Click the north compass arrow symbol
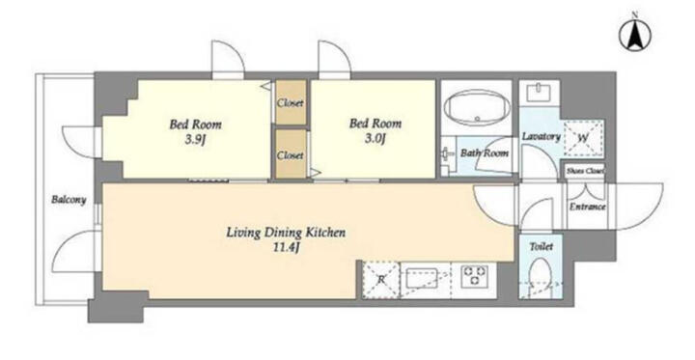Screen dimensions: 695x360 [x=635, y=36]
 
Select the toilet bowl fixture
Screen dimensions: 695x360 [x=541, y=276]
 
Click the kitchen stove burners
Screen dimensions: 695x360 [x=474, y=275]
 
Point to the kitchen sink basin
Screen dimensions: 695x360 [x=419, y=278]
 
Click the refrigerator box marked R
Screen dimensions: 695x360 [x=380, y=280]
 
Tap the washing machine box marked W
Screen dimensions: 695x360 [x=583, y=138]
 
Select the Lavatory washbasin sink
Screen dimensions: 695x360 [x=540, y=93]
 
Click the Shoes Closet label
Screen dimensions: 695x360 [x=585, y=171]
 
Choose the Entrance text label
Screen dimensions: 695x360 [x=587, y=207]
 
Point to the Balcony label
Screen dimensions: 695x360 [x=69, y=200]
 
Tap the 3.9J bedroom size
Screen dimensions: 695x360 [x=195, y=141]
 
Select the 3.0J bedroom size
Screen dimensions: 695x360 [x=375, y=139]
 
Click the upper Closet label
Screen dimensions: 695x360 [x=291, y=103]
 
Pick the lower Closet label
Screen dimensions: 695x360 [x=291, y=155]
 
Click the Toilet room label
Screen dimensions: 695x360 [x=542, y=246]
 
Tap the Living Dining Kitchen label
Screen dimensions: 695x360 [x=286, y=233]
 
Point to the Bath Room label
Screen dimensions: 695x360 [x=485, y=153]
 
